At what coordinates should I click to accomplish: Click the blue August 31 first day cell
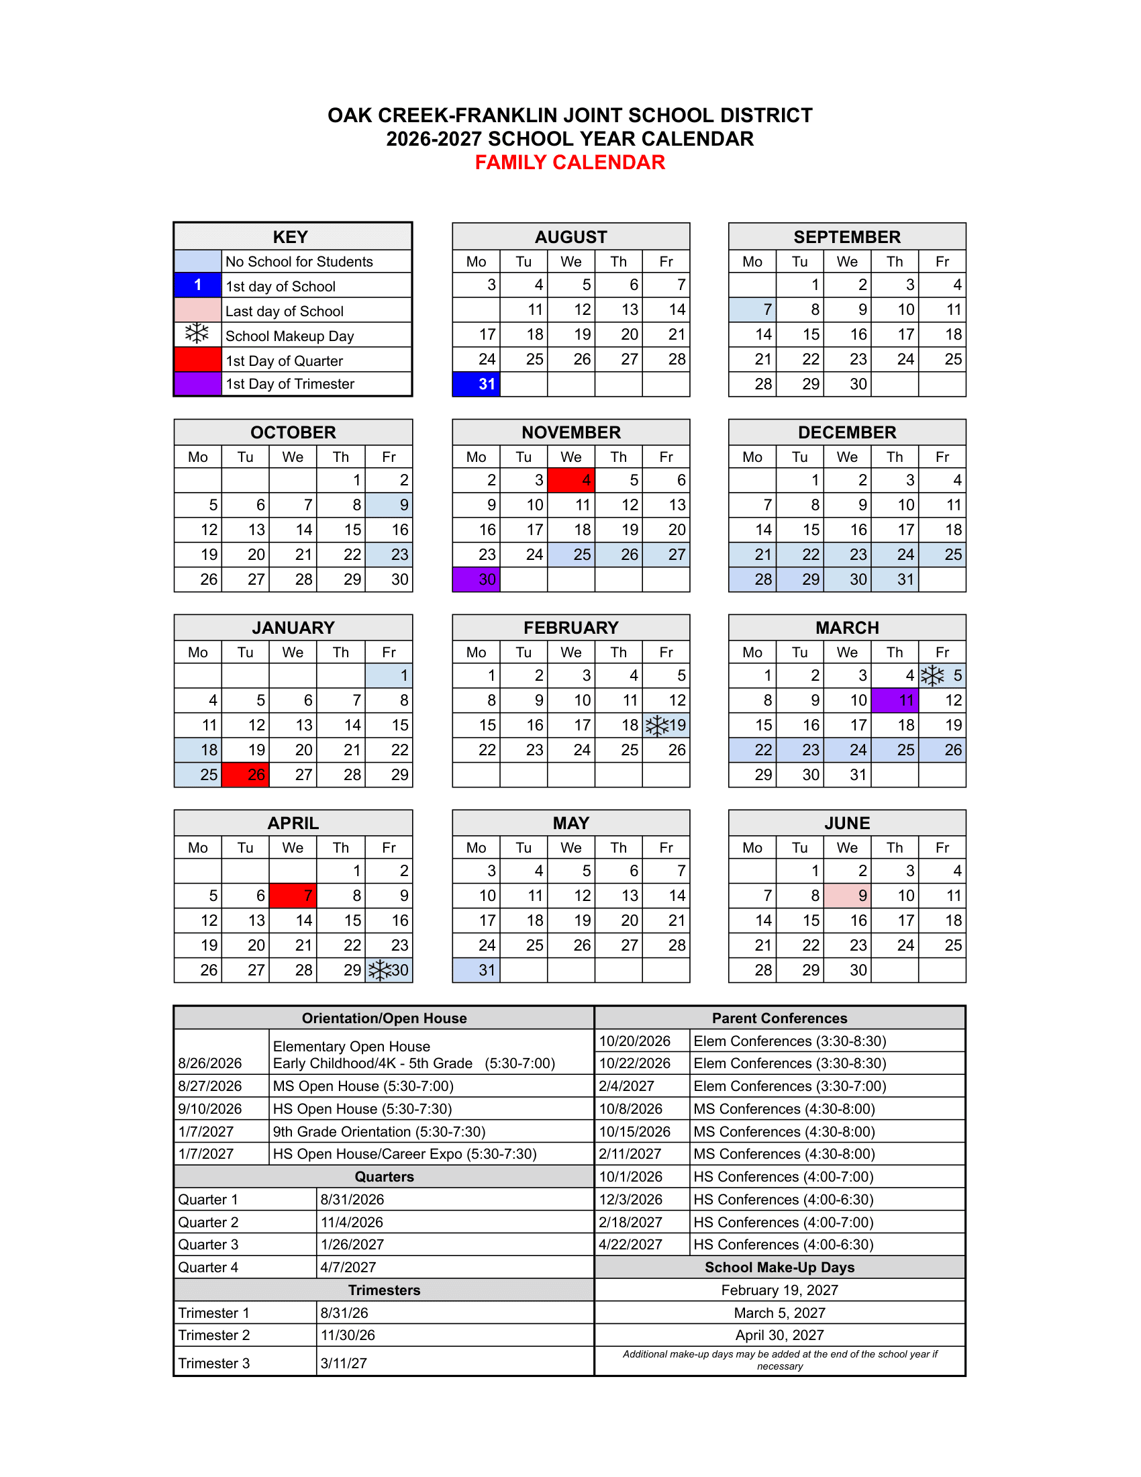[x=476, y=384]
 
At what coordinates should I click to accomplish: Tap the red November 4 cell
[x=571, y=480]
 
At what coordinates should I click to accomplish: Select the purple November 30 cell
[x=476, y=579]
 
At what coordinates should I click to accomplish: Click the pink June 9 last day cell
[x=847, y=896]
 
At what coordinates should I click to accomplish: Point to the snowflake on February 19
[x=656, y=726]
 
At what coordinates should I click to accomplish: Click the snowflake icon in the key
[x=197, y=334]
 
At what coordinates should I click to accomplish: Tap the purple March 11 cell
[x=894, y=701]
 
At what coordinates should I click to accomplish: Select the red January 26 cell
[x=246, y=775]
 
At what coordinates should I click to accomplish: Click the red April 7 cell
[x=293, y=896]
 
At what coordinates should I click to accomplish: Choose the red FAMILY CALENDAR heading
[x=570, y=162]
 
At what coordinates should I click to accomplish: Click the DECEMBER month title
[x=847, y=432]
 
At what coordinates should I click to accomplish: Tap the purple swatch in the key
[x=197, y=383]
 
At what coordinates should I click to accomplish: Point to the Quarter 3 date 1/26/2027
[x=352, y=1244]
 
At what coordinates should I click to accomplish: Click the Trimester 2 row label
[x=214, y=1335]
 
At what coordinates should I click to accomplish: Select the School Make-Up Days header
[x=779, y=1268]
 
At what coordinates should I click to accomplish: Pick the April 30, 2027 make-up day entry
[x=779, y=1335]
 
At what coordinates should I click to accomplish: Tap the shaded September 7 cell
[x=752, y=309]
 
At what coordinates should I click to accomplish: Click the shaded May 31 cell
[x=476, y=971]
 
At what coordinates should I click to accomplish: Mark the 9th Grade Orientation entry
[x=379, y=1131]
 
